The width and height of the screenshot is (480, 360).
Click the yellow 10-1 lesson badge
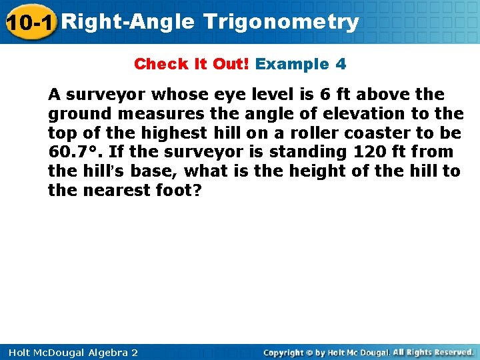(x=29, y=23)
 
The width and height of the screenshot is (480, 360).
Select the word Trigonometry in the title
(x=281, y=22)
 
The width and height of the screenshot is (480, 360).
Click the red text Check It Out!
(x=191, y=64)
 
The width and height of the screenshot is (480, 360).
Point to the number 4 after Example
(x=341, y=64)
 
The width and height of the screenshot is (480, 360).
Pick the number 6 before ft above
(x=327, y=95)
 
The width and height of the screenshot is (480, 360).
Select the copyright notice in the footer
(x=368, y=352)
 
